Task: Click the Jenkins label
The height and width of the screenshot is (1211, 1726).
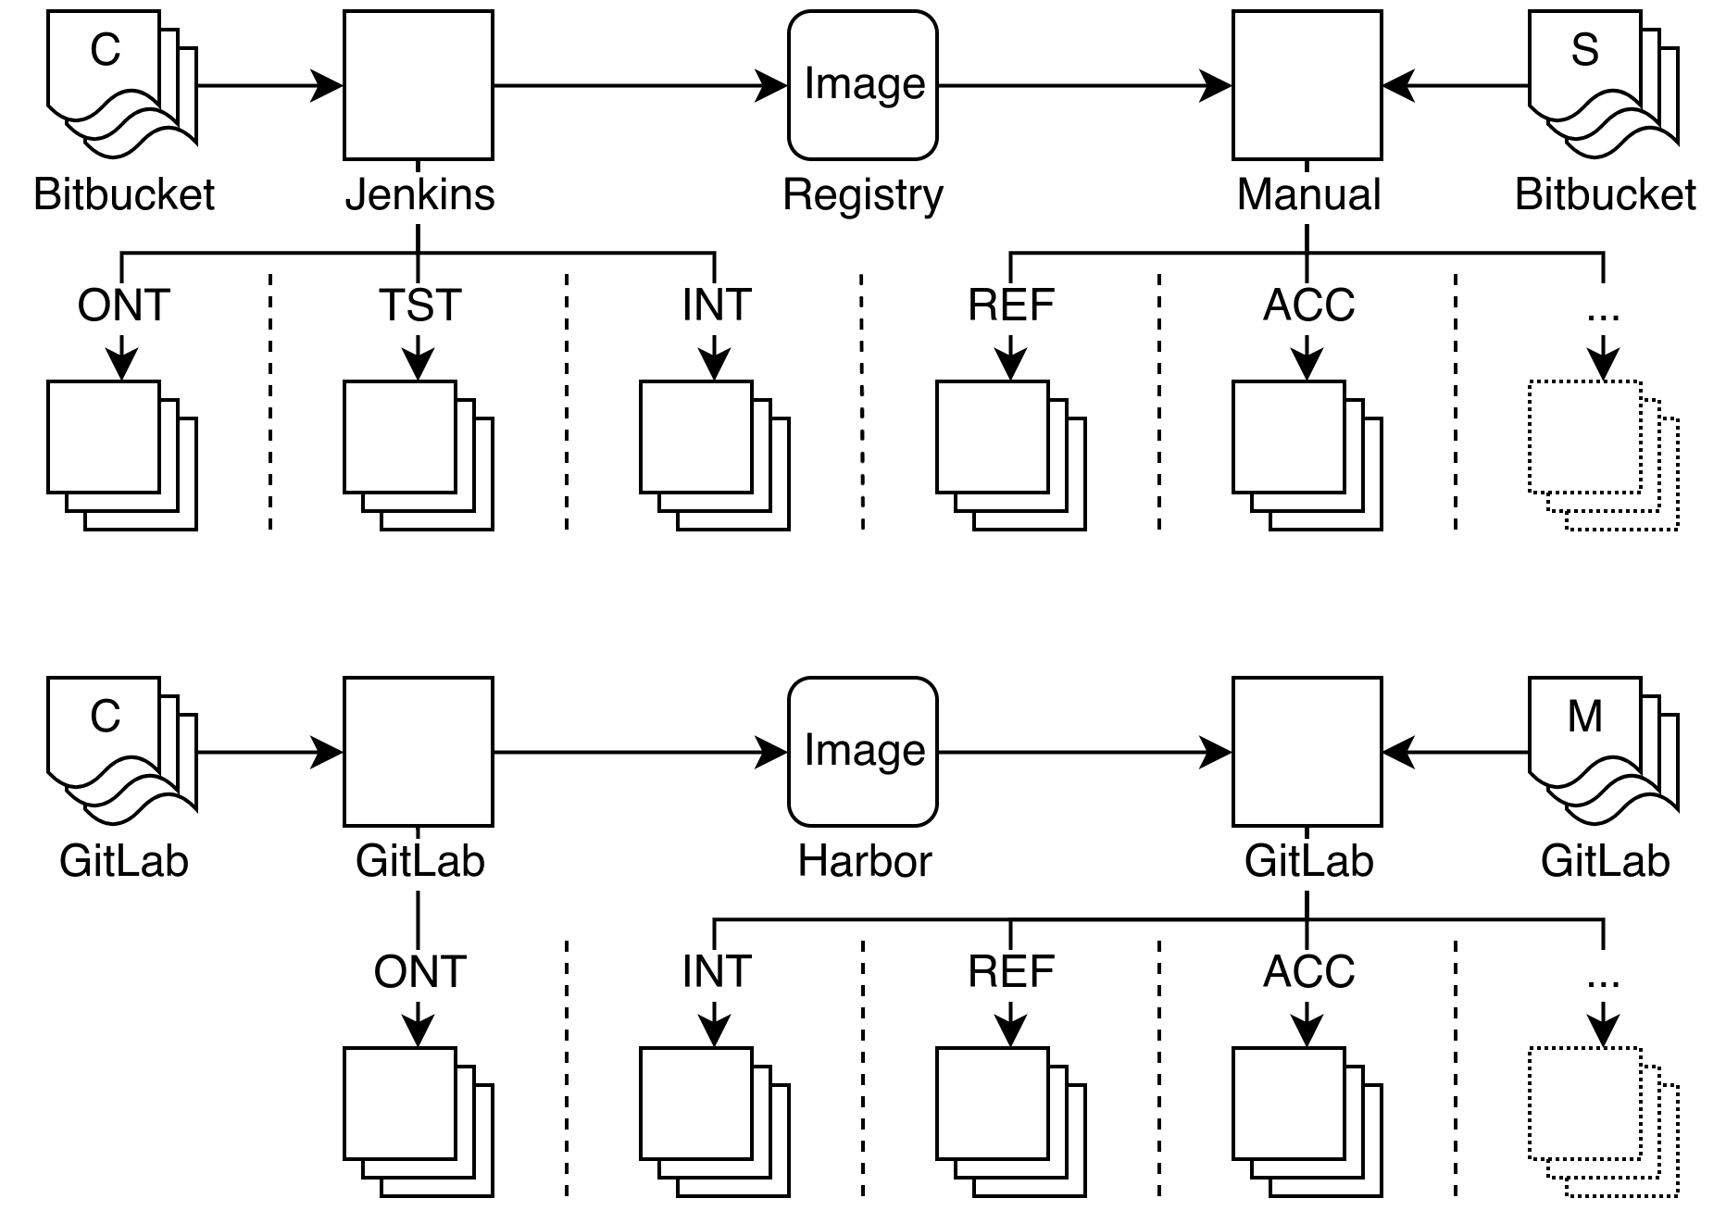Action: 419,196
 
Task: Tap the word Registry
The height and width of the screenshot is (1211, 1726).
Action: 863,196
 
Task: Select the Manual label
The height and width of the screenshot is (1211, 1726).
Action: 1308,196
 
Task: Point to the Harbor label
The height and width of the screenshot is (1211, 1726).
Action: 864,863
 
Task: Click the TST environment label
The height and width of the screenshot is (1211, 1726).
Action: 419,307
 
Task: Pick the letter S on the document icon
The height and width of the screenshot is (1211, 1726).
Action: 1584,50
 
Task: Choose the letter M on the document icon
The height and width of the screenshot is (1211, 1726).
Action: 1584,717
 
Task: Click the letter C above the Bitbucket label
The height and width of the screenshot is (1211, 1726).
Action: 105,50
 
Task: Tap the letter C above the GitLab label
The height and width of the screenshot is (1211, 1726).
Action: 105,717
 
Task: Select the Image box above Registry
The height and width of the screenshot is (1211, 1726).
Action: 863,85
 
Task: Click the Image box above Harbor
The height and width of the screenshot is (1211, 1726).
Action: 863,752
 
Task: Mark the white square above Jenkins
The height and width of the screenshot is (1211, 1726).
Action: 419,85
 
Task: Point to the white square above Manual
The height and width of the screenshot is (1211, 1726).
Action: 1307,85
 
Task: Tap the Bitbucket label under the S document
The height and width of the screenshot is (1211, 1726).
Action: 1605,196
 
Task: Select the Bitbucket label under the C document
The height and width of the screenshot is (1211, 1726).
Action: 124,196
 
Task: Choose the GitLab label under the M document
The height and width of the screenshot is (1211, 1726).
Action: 1605,863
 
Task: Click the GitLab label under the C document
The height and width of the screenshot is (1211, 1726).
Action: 124,863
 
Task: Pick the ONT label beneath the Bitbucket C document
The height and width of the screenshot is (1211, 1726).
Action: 124,307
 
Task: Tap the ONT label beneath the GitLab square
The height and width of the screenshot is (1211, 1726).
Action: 419,974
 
